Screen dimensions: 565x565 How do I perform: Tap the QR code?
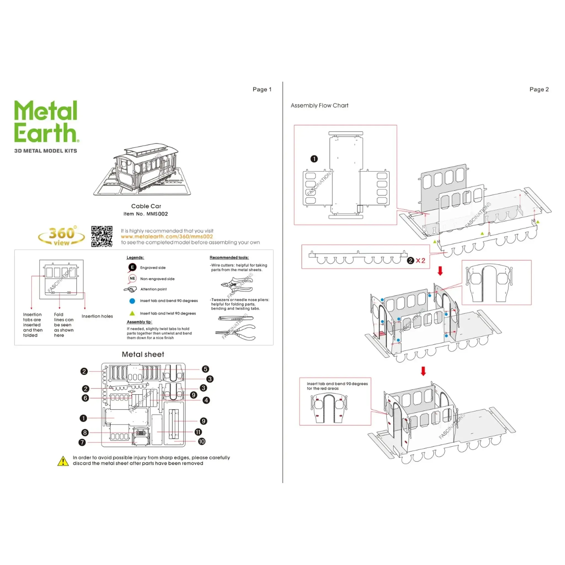(102, 236)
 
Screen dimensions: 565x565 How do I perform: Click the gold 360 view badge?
(62, 236)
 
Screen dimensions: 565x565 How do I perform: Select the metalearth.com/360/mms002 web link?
(167, 237)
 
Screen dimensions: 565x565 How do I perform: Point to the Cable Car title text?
(146, 206)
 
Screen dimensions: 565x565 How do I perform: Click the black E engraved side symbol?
(132, 267)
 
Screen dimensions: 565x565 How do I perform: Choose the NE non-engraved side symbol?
(132, 278)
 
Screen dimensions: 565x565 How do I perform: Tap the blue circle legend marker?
(132, 301)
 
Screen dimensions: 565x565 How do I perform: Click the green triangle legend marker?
(132, 313)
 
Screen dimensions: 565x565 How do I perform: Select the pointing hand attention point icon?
(130, 289)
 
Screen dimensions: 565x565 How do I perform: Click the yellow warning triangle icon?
(63, 461)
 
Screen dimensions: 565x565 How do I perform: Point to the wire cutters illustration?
(237, 285)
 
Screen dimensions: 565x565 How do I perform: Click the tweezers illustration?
(236, 318)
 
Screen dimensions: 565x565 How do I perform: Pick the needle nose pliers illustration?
(235, 332)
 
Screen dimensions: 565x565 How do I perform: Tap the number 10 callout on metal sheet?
(201, 441)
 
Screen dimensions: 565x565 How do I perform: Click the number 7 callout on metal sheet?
(82, 442)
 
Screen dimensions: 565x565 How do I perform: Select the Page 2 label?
(539, 89)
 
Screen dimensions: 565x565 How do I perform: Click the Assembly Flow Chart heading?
(319, 105)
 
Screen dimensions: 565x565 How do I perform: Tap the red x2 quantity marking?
(420, 260)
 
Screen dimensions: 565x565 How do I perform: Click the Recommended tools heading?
(229, 257)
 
